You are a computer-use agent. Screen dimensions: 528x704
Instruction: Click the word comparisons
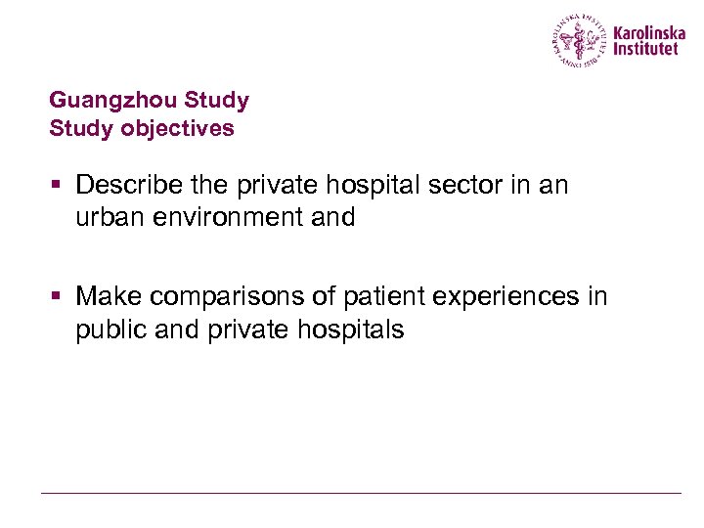point(228,296)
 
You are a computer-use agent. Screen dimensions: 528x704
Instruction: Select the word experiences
point(509,296)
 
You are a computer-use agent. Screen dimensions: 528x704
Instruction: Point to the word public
point(110,330)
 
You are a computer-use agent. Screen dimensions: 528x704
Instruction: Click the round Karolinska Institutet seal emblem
point(580,40)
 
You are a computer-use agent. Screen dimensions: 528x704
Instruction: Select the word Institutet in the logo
point(645,48)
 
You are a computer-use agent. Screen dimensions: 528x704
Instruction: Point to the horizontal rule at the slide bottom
point(360,493)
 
